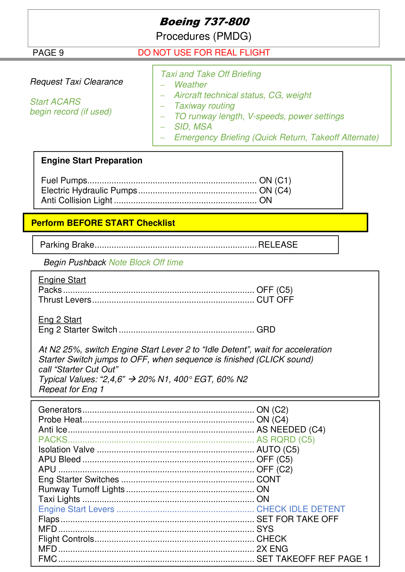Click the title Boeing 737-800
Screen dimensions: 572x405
coord(204,21)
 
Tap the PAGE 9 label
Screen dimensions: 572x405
coord(48,53)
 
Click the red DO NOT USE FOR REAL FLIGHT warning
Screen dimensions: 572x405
coord(204,53)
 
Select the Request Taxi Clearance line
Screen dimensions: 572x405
coord(76,82)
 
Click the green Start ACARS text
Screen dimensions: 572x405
coord(55,102)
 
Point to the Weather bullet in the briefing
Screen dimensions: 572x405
coord(190,85)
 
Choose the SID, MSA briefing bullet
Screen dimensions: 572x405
coord(193,127)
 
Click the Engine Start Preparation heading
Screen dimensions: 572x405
coord(92,160)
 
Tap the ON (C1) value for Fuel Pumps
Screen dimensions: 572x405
coord(275,181)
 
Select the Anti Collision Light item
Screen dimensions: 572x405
coord(76,201)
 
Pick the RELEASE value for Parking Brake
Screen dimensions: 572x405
coord(278,245)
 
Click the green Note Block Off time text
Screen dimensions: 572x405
coord(146,262)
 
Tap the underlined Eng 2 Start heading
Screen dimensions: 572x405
coord(60,320)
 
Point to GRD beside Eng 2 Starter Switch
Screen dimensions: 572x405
coord(265,330)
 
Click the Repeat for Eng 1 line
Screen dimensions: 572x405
coord(71,389)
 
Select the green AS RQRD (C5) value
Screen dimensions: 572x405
coord(286,440)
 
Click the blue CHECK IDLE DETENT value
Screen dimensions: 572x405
coord(300,509)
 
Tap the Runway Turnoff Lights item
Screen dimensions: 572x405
coord(81,489)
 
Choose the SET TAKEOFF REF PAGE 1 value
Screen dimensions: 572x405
coord(312,559)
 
